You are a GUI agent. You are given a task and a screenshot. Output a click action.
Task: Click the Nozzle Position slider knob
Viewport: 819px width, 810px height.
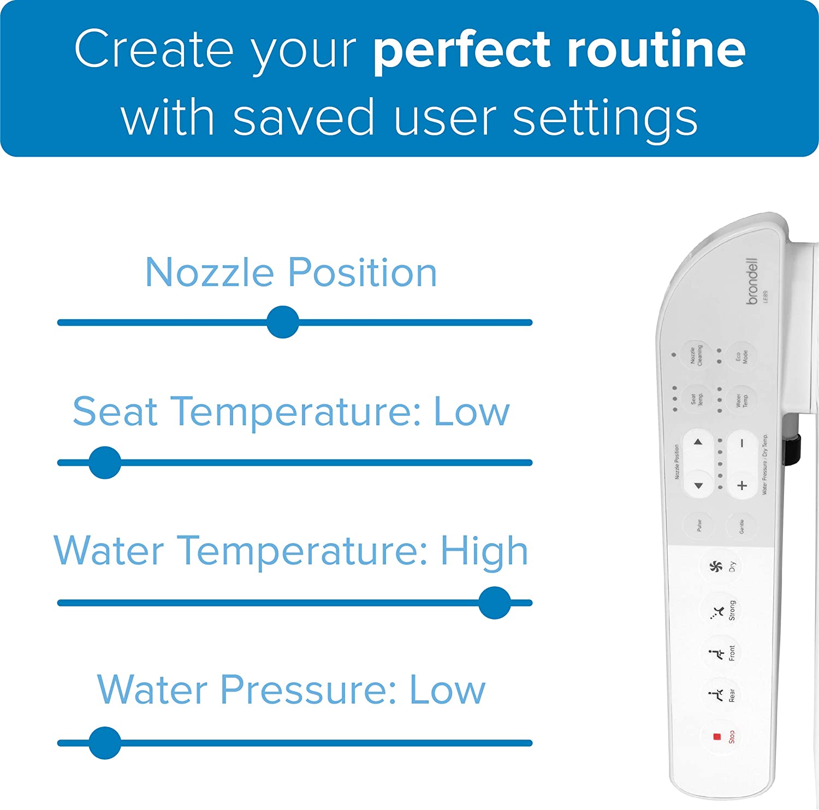point(283,322)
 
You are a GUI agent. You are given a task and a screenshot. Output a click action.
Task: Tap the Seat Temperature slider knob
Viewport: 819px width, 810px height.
point(105,463)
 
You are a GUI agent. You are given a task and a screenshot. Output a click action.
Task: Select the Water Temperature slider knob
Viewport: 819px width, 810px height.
point(495,603)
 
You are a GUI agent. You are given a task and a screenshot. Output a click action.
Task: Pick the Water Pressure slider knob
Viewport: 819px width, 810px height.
point(105,743)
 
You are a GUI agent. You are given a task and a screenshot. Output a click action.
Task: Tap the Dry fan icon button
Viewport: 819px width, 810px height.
point(716,567)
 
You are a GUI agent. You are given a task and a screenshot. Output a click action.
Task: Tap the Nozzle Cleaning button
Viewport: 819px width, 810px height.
point(696,355)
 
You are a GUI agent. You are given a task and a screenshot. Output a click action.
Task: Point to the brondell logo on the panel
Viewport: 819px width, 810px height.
point(752,281)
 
